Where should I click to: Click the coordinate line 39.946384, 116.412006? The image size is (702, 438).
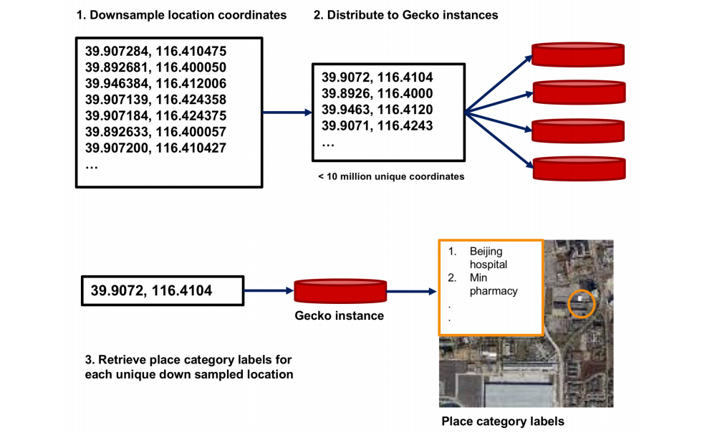(155, 84)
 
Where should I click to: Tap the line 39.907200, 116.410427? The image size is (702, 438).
(155, 148)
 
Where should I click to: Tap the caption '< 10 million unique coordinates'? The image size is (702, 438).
(391, 176)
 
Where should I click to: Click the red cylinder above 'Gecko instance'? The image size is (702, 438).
(340, 290)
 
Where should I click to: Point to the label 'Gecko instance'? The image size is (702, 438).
(340, 315)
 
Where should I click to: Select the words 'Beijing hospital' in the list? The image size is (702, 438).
(488, 258)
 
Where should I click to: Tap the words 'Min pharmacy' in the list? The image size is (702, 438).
(493, 284)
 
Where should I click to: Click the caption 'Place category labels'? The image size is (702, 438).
(502, 422)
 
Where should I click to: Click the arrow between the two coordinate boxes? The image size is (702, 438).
(287, 113)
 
